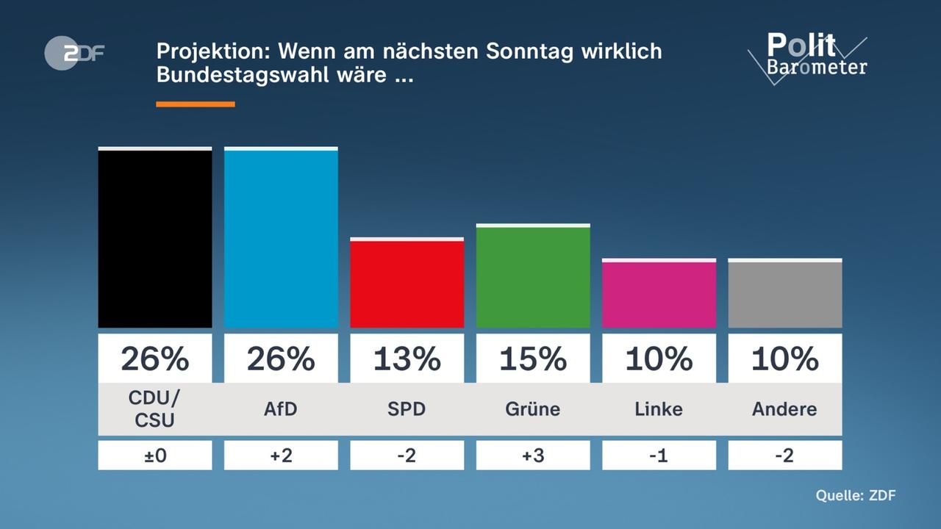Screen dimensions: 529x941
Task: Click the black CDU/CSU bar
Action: point(155,238)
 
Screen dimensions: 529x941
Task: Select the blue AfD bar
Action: point(281,238)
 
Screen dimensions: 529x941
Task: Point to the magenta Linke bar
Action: point(659,294)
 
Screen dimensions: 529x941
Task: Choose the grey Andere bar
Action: point(784,294)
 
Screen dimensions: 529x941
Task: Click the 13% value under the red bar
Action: point(407,359)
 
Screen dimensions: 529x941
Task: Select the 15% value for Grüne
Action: point(533,359)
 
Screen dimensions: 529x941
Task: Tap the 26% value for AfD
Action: point(281,359)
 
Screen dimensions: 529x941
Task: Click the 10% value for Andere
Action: point(784,359)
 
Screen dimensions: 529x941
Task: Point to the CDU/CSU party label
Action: point(155,409)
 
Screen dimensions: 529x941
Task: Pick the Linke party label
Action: point(659,409)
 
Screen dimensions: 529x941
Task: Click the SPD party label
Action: point(407,409)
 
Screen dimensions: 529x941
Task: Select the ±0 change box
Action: point(155,456)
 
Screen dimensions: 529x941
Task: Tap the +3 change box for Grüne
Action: point(533,456)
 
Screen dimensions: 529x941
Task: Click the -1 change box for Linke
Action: point(659,456)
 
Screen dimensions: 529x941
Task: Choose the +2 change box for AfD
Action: point(281,456)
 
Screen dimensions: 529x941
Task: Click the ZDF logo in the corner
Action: point(74,53)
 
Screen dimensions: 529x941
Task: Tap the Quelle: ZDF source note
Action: point(855,495)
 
